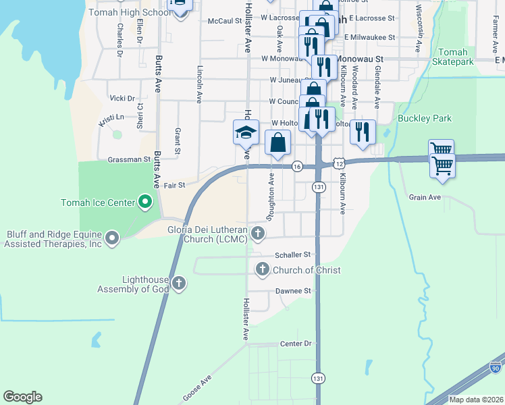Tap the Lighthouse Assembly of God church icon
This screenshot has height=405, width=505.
(x=179, y=283)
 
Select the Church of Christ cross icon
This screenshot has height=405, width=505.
(x=263, y=270)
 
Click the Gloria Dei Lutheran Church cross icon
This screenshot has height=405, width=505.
(x=257, y=234)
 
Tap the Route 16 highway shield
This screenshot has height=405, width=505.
(x=296, y=166)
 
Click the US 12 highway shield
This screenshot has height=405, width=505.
(x=339, y=163)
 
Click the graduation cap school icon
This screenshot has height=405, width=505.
(x=246, y=133)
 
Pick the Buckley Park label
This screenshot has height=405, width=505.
(x=424, y=119)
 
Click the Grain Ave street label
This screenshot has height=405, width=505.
(x=425, y=197)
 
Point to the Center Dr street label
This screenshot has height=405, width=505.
(x=296, y=344)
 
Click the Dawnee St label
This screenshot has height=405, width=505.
(x=292, y=291)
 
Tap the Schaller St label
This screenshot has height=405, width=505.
(x=292, y=254)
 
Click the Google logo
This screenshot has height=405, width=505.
(x=23, y=397)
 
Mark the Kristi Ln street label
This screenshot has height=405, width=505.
(x=111, y=119)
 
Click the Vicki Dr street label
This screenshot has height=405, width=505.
(x=122, y=99)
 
